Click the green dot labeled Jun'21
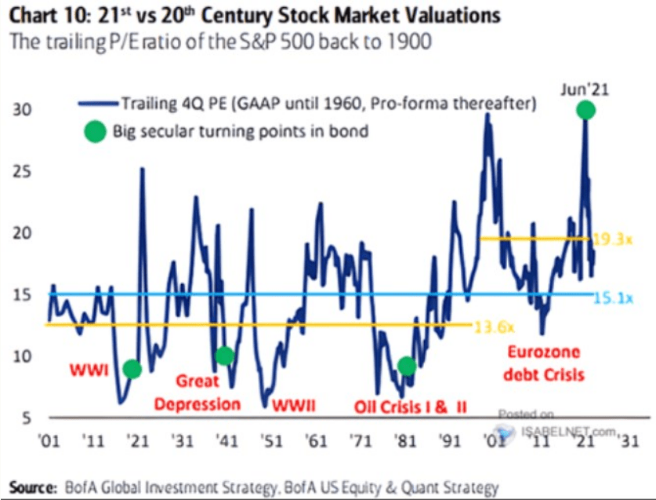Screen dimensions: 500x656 coord(585,110)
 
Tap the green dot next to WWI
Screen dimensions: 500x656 coord(132,369)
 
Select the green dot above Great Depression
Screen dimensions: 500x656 coord(225,356)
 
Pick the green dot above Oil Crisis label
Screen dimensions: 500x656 coord(406,365)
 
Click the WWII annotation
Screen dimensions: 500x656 coord(293,406)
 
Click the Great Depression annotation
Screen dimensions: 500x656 coord(197,392)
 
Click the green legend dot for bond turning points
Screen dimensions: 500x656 coord(95,131)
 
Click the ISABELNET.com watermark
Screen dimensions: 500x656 coord(561,429)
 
